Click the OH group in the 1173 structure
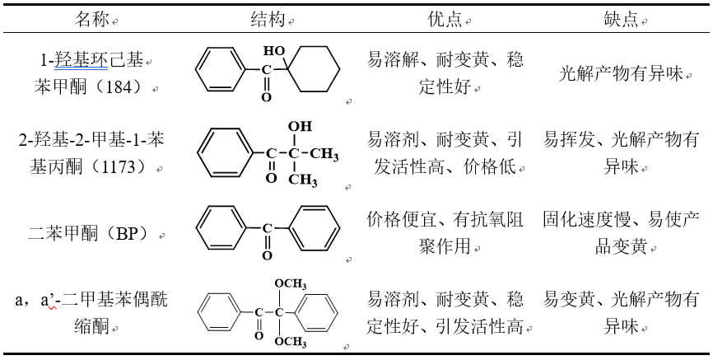[300, 127]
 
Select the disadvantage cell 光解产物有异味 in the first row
[622, 74]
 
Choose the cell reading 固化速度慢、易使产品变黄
[622, 233]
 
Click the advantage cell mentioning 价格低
[445, 153]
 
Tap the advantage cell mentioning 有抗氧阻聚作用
[445, 233]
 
